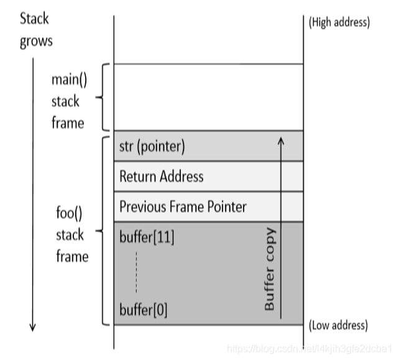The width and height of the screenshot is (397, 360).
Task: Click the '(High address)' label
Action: click(339, 22)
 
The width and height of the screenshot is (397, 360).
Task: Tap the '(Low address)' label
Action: click(338, 326)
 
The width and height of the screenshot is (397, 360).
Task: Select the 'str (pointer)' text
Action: click(152, 147)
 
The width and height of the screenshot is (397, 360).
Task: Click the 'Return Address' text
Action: click(162, 177)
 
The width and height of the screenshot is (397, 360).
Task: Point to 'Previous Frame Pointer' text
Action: click(183, 206)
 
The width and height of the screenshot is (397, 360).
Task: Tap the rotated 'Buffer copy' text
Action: click(270, 269)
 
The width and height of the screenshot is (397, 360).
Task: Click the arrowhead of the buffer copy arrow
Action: click(281, 141)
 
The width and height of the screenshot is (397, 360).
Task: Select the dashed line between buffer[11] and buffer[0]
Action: click(135, 272)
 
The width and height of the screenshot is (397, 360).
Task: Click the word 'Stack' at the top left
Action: click(34, 19)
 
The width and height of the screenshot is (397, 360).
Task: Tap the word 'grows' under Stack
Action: click(36, 42)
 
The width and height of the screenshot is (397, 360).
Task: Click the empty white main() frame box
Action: click(208, 97)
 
